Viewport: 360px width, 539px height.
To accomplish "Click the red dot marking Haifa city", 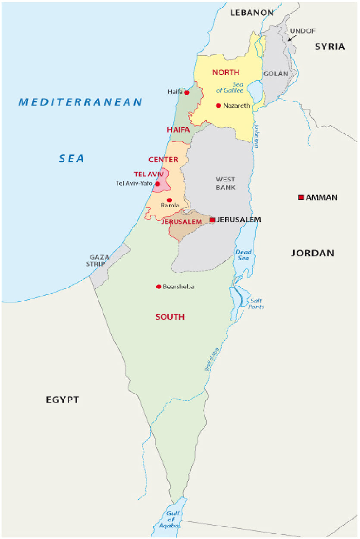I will (x=187, y=92).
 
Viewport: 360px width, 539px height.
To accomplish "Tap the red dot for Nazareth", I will (x=219, y=106).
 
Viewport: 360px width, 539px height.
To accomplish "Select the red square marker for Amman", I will (x=301, y=197).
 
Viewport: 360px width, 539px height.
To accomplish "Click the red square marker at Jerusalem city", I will (x=212, y=220).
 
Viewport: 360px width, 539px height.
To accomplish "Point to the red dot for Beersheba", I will (x=159, y=287).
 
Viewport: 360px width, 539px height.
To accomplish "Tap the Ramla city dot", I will (x=169, y=200).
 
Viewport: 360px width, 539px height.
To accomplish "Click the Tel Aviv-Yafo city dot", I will (x=157, y=184).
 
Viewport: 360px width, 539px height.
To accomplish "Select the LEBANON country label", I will (x=251, y=13).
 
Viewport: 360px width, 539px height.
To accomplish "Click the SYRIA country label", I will (x=330, y=47).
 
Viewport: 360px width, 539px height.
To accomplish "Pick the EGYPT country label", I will (x=63, y=400).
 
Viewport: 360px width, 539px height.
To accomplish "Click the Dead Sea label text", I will (x=244, y=255).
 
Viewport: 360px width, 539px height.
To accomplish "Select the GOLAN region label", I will (x=275, y=74).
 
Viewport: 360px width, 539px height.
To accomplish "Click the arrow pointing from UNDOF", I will (x=292, y=38).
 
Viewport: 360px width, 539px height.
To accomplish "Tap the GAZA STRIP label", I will (x=99, y=261).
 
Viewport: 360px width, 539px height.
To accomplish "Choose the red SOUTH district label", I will (x=170, y=317).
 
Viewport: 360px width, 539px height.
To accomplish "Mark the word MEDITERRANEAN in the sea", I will (x=80, y=102).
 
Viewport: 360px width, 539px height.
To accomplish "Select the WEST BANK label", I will (x=225, y=183).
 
